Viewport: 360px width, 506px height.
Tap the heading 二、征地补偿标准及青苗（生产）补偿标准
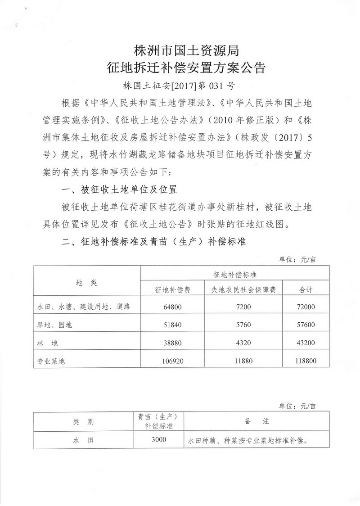pyautogui.click(x=153, y=241)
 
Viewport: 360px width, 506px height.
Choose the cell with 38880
pyautogui.click(x=173, y=343)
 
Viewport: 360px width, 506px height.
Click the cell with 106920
pyautogui.click(x=173, y=360)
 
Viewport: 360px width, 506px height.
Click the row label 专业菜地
pyautogui.click(x=51, y=361)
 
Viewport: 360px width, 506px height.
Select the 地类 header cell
pyautogui.click(x=86, y=282)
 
